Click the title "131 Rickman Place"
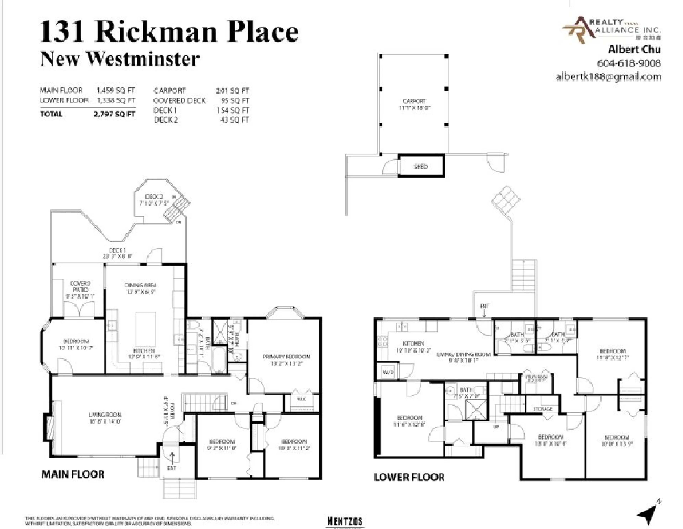click(x=169, y=31)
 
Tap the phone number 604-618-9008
click(x=629, y=63)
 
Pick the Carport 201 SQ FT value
click(x=232, y=91)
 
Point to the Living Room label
click(x=105, y=415)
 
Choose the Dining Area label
click(x=140, y=285)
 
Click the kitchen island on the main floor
click(x=146, y=328)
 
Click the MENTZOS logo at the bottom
click(x=345, y=521)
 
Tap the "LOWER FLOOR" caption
click(x=409, y=477)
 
